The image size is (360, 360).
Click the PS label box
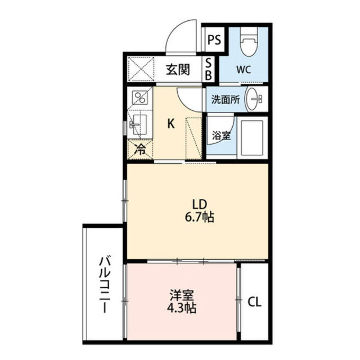pyautogui.click(x=214, y=40)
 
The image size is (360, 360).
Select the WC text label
pyautogui.click(x=244, y=70)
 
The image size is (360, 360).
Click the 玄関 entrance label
pyautogui.click(x=177, y=70)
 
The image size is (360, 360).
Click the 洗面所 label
pyautogui.click(x=225, y=100)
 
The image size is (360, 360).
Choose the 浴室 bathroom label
pyautogui.click(x=219, y=135)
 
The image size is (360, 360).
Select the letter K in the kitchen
pyautogui.click(x=169, y=124)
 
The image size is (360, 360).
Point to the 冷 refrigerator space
pyautogui.click(x=139, y=150)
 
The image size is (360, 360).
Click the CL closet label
pyautogui.click(x=254, y=302)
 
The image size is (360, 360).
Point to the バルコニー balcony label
pyautogui.click(x=103, y=285)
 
